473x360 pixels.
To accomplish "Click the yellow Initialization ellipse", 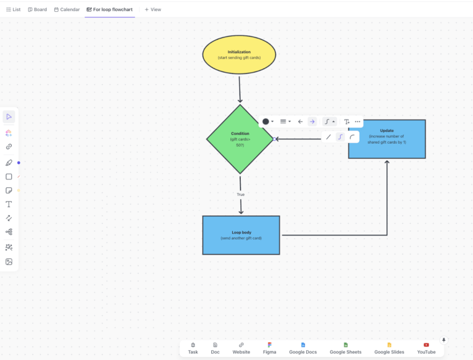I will coord(239,55).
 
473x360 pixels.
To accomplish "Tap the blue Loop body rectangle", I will coord(241,235).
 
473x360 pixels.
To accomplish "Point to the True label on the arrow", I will coord(241,195).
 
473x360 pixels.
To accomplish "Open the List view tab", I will coord(13,10).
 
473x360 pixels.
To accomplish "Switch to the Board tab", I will coord(38,10).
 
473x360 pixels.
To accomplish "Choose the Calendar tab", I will coord(67,10).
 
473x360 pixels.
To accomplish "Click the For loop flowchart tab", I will coord(110,10).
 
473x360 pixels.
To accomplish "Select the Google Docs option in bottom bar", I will coord(303,348).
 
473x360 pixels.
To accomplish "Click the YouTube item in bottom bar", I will coord(426,348).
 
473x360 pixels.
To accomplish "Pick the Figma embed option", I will coord(270,348).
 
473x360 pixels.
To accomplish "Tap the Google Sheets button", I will coord(346,348).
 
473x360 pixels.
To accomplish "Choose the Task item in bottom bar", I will coord(193,348).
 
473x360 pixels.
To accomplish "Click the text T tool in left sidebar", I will coord(9,204).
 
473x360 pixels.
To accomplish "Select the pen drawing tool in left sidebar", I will coord(9,163).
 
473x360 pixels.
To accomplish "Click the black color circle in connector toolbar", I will coord(265,121).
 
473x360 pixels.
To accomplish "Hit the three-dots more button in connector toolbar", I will coord(357,121).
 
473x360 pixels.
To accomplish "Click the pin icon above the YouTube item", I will coord(443,340).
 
